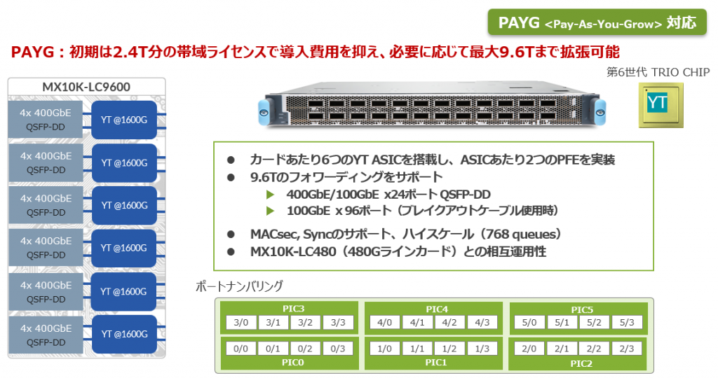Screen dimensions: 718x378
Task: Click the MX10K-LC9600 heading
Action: pyautogui.click(x=86, y=87)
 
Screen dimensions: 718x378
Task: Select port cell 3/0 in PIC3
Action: pyautogui.click(x=241, y=323)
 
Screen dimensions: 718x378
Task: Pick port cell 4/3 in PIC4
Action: pyautogui.click(x=483, y=323)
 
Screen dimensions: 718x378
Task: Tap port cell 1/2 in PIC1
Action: pyautogui.click(x=450, y=349)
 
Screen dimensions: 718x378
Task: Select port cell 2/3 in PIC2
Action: pyautogui.click(x=627, y=349)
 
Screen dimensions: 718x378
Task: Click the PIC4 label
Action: pyautogui.click(x=437, y=309)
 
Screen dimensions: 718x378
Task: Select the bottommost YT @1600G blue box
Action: pyautogui.click(x=124, y=335)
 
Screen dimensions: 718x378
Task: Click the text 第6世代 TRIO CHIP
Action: pyautogui.click(x=658, y=72)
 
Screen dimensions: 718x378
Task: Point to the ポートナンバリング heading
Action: pyautogui.click(x=239, y=286)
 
